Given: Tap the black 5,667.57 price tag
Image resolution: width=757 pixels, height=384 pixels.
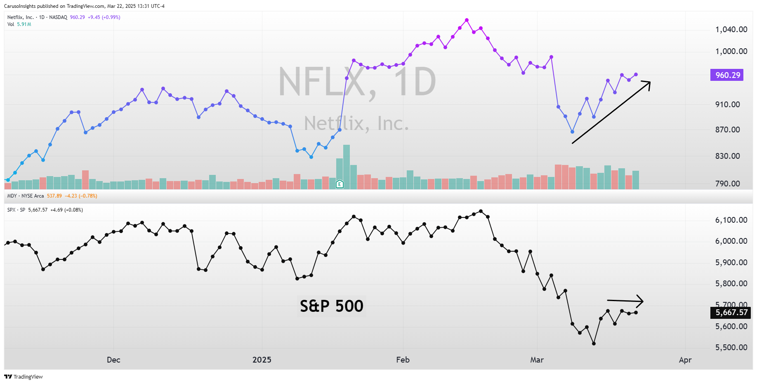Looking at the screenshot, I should pos(731,313).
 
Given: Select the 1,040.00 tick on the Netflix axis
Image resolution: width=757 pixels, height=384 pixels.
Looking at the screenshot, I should pos(731,29).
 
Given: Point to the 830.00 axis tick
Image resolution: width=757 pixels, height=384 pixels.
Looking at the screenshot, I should pos(727,156).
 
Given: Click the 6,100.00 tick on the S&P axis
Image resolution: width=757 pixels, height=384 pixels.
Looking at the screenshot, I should pos(731,220).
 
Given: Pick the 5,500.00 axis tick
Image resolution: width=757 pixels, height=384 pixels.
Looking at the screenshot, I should pos(731,347).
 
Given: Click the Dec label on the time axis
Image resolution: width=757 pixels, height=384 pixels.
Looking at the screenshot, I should pos(113,360).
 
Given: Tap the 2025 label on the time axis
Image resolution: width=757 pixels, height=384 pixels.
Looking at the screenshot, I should pos(262,360).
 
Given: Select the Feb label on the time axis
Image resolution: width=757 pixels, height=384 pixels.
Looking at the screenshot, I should pos(403,360).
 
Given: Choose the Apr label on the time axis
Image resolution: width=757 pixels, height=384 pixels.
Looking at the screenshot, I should pos(685,360).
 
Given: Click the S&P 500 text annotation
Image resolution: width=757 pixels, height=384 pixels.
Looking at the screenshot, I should pos(331,306).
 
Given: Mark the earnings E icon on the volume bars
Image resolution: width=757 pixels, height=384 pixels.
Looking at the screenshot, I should pos(340,184).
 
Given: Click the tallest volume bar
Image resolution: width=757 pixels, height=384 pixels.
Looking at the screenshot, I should pos(347,167).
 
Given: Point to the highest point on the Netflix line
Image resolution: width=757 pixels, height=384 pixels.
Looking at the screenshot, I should pos(467,20).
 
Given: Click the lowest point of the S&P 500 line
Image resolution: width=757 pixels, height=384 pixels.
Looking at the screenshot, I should pos(594,344).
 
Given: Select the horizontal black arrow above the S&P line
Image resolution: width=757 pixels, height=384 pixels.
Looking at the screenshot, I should pos(625,301).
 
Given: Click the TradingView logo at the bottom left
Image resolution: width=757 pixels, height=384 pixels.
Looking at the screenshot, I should pos(24,377).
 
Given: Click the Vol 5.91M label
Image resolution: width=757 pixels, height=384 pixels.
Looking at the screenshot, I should pos(19,24).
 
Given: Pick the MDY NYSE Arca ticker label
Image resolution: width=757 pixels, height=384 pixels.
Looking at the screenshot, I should pos(25,196).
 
